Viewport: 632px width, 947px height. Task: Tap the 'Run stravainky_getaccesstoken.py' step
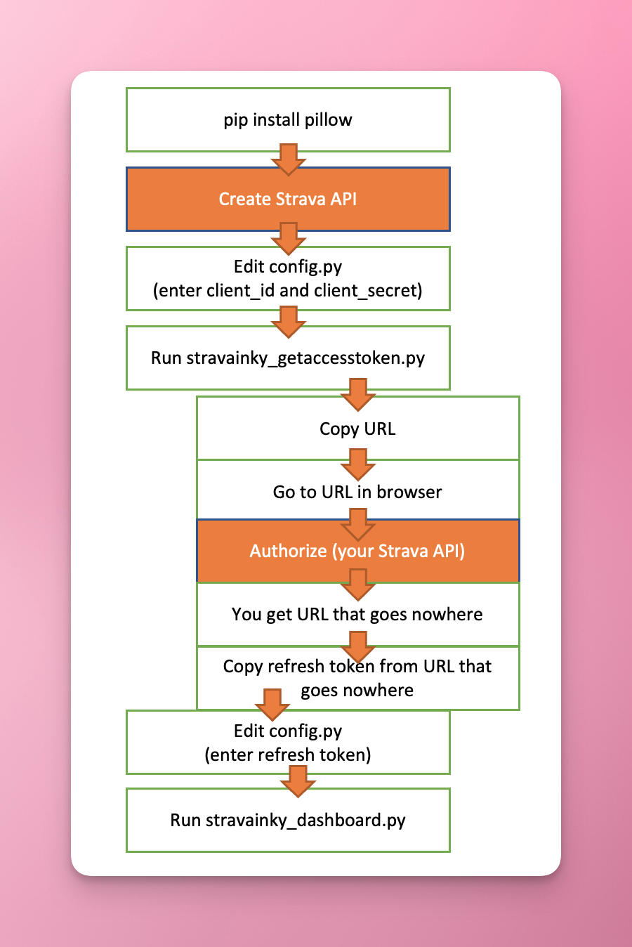(287, 358)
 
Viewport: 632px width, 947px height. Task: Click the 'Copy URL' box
(357, 429)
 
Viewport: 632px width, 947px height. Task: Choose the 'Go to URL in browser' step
(357, 492)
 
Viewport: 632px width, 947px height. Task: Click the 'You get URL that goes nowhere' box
(357, 615)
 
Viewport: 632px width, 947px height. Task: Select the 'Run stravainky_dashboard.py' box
(287, 821)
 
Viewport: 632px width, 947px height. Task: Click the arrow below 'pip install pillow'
(288, 159)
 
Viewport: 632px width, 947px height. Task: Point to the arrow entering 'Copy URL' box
(358, 394)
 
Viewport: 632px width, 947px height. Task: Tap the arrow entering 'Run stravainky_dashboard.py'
(298, 781)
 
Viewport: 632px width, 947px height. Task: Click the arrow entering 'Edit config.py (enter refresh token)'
(272, 704)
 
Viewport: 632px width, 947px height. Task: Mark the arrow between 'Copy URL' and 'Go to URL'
(358, 464)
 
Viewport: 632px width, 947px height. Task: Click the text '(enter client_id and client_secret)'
(287, 290)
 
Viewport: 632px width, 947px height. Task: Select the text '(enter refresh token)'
(287, 755)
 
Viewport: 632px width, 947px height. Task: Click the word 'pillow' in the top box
(328, 119)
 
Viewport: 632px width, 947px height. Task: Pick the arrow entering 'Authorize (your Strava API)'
(358, 524)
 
